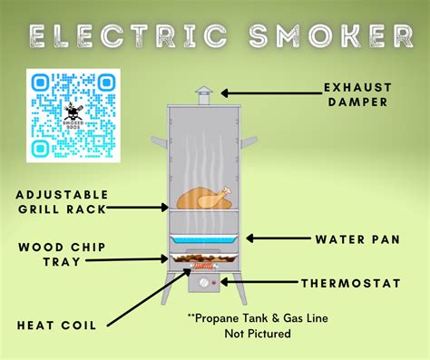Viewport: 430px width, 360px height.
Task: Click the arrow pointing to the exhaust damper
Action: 263,92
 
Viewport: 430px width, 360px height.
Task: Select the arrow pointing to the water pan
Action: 276,239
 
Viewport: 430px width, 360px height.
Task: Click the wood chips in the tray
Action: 201,265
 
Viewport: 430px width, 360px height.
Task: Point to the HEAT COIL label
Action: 56,326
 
